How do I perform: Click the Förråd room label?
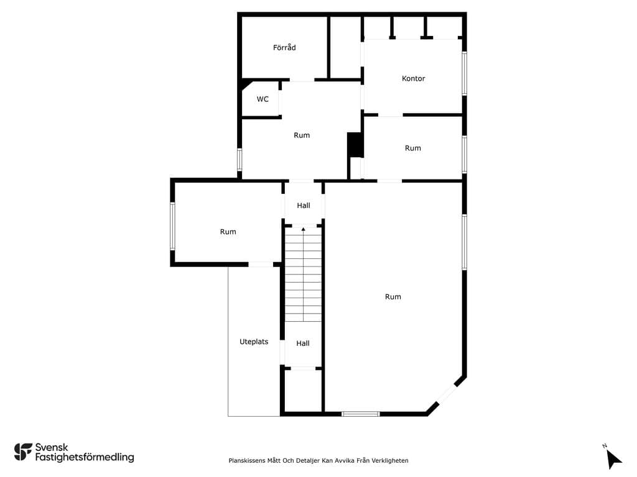pyautogui.click(x=284, y=47)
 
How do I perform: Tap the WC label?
pyautogui.click(x=263, y=99)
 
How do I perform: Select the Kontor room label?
pyautogui.click(x=413, y=78)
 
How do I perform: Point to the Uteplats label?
pyautogui.click(x=254, y=342)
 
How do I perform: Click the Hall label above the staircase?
pyautogui.click(x=304, y=205)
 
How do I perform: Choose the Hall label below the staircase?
pyautogui.click(x=303, y=343)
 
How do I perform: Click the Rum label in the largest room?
pyautogui.click(x=393, y=296)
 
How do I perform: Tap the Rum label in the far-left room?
pyautogui.click(x=228, y=232)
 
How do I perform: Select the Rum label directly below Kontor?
pyautogui.click(x=413, y=148)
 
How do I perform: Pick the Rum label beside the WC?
pyautogui.click(x=302, y=135)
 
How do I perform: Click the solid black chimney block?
pyautogui.click(x=355, y=144)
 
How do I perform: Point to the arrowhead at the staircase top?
pyautogui.click(x=303, y=230)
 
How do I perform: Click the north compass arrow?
pyautogui.click(x=613, y=459)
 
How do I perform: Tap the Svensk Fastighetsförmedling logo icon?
pyautogui.click(x=23, y=452)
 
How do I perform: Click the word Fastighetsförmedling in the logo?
pyautogui.click(x=85, y=457)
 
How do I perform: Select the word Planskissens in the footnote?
pyautogui.click(x=246, y=460)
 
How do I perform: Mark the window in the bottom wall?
pyautogui.click(x=360, y=414)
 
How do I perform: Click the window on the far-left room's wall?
pyautogui.click(x=172, y=226)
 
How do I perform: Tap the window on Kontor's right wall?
pyautogui.click(x=464, y=73)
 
